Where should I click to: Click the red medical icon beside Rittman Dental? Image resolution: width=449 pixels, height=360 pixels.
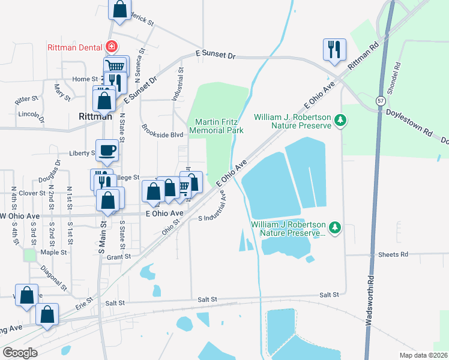pyautogui.click(x=111, y=46)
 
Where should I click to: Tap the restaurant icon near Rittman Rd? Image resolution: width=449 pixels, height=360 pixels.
pyautogui.click(x=334, y=50)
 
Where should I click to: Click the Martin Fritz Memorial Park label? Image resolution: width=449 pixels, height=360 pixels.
pyautogui.click(x=216, y=125)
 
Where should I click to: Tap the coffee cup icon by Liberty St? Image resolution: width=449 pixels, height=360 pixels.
pyautogui.click(x=107, y=150)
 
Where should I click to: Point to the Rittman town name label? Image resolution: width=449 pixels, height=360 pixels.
pyautogui.click(x=95, y=116)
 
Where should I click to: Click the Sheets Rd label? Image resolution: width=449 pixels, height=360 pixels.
pyautogui.click(x=393, y=254)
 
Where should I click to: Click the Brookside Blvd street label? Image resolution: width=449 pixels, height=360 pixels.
pyautogui.click(x=162, y=131)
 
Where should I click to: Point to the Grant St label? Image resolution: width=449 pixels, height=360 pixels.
pyautogui.click(x=119, y=257)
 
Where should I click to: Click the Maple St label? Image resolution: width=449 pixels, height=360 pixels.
pyautogui.click(x=54, y=253)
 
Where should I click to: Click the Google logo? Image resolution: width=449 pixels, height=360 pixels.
pyautogui.click(x=20, y=353)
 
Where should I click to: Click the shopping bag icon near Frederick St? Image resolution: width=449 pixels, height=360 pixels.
pyautogui.click(x=119, y=9)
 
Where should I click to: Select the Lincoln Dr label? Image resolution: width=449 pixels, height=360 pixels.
pyautogui.click(x=31, y=114)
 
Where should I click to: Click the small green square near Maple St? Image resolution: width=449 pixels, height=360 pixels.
pyautogui.click(x=30, y=254)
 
